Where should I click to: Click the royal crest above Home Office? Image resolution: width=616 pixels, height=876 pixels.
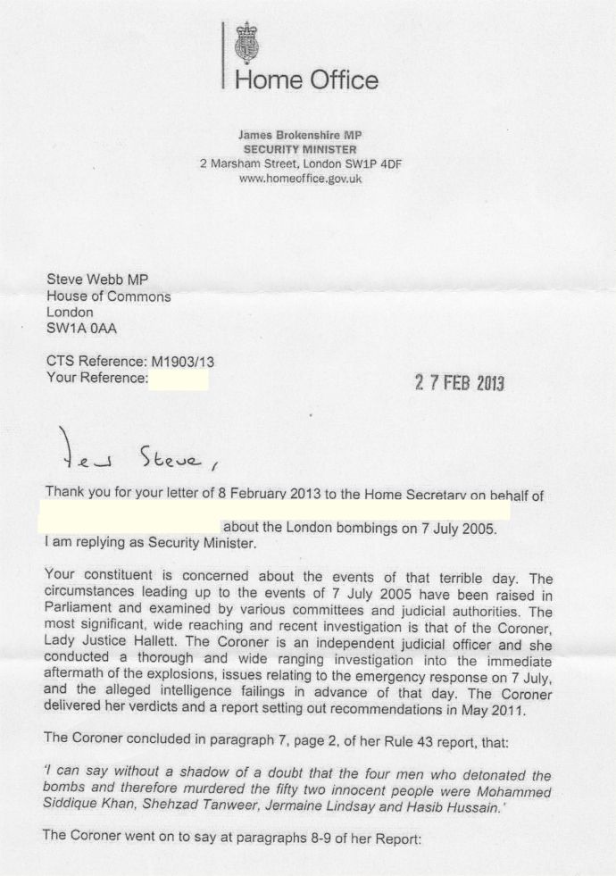pyautogui.click(x=241, y=44)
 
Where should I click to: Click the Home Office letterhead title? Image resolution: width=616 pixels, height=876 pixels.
pyautogui.click(x=305, y=80)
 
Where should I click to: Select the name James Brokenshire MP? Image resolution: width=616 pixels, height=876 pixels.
pyautogui.click(x=299, y=134)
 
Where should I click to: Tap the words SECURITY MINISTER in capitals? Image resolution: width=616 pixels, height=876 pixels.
pyautogui.click(x=299, y=149)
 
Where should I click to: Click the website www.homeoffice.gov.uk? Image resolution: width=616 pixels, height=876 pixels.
pyautogui.click(x=301, y=179)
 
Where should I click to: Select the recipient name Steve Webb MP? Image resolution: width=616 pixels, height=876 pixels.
pyautogui.click(x=97, y=279)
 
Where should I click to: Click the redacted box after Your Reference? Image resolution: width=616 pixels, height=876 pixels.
pyautogui.click(x=179, y=380)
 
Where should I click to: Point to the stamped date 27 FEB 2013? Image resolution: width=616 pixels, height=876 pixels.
pyautogui.click(x=460, y=383)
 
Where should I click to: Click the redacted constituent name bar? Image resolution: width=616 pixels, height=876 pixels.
pyautogui.click(x=277, y=511)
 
